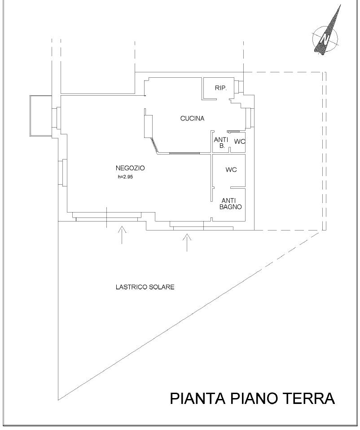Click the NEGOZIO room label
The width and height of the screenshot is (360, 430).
(x=130, y=168)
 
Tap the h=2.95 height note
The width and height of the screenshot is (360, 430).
(x=125, y=177)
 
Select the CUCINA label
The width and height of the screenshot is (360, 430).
(x=192, y=119)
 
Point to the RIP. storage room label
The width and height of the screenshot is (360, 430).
(x=221, y=88)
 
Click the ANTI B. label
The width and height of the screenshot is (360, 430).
(x=221, y=143)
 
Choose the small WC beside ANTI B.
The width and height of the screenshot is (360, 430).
(x=239, y=142)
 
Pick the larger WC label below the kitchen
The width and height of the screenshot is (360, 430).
(x=231, y=170)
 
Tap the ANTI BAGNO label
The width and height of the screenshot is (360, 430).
(x=231, y=204)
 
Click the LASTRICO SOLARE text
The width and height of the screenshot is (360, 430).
(x=145, y=287)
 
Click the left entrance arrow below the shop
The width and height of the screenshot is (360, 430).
(x=122, y=235)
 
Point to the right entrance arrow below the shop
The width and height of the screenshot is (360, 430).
(x=187, y=242)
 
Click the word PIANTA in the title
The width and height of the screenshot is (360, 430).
(x=198, y=398)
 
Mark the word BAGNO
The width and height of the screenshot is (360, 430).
(x=231, y=207)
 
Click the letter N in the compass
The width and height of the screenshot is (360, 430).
(x=325, y=38)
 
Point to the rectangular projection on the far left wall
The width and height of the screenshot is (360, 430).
(x=40, y=116)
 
